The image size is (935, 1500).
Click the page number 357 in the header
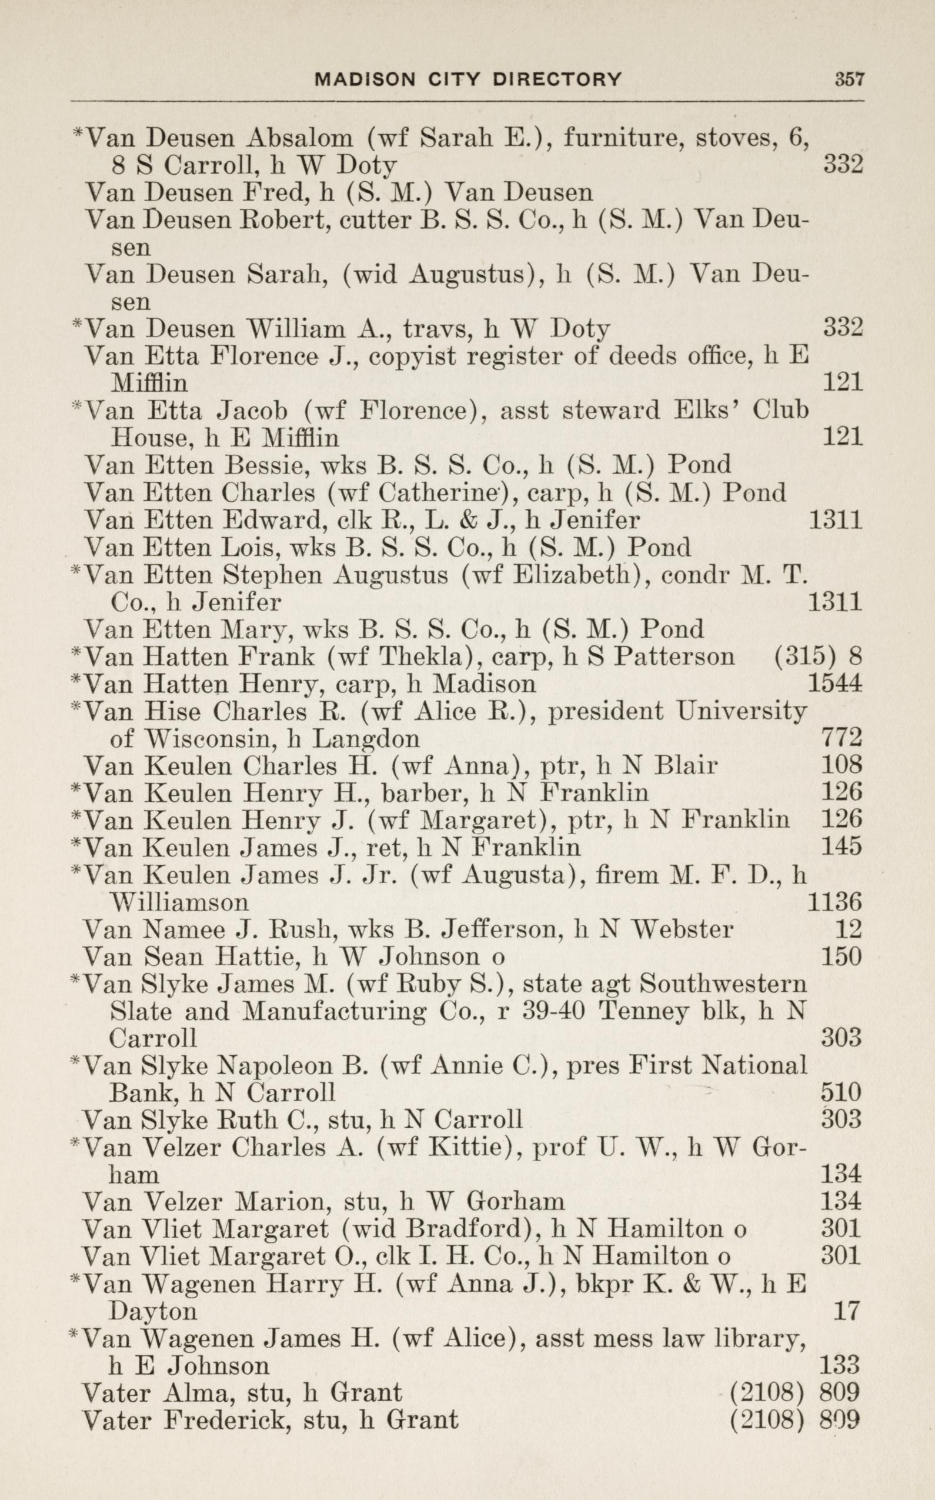pyautogui.click(x=849, y=80)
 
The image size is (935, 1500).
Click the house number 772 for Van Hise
pyautogui.click(x=841, y=739)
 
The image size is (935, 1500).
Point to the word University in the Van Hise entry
pyautogui.click(x=740, y=711)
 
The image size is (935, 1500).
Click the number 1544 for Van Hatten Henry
pyautogui.click(x=834, y=684)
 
